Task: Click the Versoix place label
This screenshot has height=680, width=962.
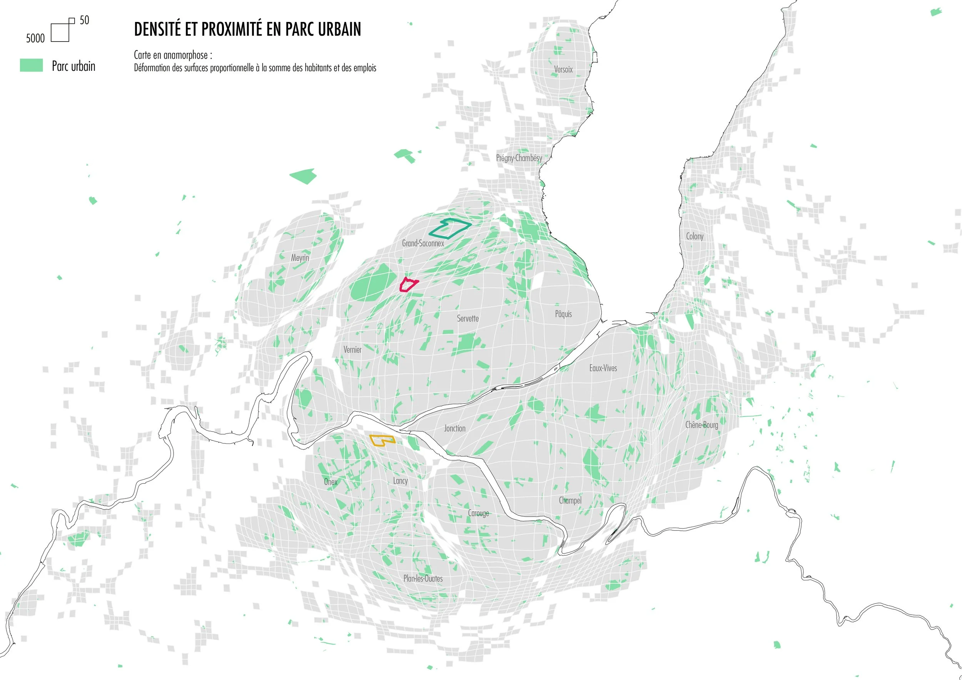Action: [x=563, y=70]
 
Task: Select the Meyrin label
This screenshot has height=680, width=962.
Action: [x=300, y=258]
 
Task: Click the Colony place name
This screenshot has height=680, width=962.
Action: [x=694, y=236]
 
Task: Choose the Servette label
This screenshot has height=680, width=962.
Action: [x=468, y=318]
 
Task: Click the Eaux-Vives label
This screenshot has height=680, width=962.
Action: [x=603, y=368]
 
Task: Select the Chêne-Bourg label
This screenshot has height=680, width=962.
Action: [x=701, y=425]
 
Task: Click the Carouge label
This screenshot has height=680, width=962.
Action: [x=478, y=513]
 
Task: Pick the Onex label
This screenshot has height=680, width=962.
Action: [x=330, y=482]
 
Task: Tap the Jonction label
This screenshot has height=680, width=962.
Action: [x=454, y=428]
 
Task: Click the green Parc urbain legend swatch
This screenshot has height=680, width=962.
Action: [x=32, y=65]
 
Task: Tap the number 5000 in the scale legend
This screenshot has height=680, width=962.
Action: [x=35, y=38]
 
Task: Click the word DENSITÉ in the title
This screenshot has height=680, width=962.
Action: [x=162, y=29]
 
